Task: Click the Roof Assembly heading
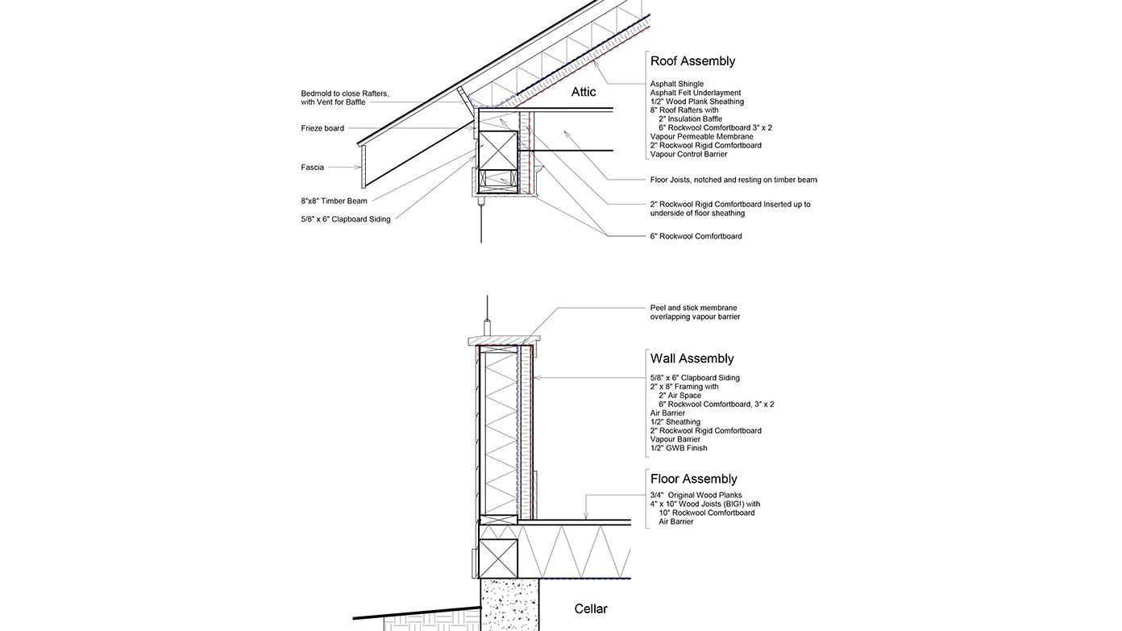click(x=692, y=61)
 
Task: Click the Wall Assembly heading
click(x=692, y=359)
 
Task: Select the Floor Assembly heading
click(x=693, y=479)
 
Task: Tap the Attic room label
click(x=584, y=92)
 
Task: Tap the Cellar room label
click(x=591, y=608)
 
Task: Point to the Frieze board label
click(x=322, y=128)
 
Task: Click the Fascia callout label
click(x=313, y=168)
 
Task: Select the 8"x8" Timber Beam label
click(x=334, y=201)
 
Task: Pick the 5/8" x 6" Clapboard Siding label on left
click(x=346, y=219)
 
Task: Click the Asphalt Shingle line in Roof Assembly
click(x=677, y=84)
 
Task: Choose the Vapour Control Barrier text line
click(x=688, y=154)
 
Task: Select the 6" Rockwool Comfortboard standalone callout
click(x=696, y=236)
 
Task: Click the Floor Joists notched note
click(x=733, y=180)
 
